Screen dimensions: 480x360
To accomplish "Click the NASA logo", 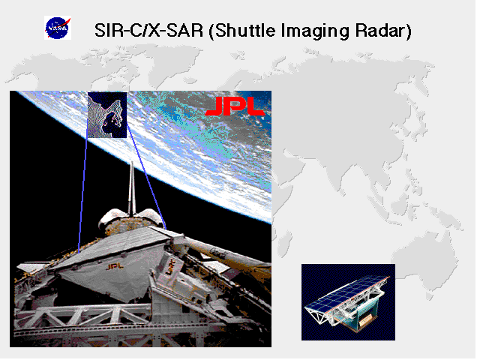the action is point(58,28).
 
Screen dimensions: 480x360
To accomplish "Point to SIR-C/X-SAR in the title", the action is point(148,30).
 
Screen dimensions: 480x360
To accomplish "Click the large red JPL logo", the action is point(235,106).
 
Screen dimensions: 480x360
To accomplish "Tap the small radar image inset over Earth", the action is point(107,115).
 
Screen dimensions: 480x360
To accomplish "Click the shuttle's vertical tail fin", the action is point(132,189).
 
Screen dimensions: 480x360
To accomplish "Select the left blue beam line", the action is point(82,195).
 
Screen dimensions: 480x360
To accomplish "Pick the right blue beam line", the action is point(146,176).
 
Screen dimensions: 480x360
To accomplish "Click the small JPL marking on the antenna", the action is point(115,267).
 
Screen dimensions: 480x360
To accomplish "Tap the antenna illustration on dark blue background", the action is point(348,302).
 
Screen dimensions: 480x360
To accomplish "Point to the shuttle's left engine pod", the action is point(110,218).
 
